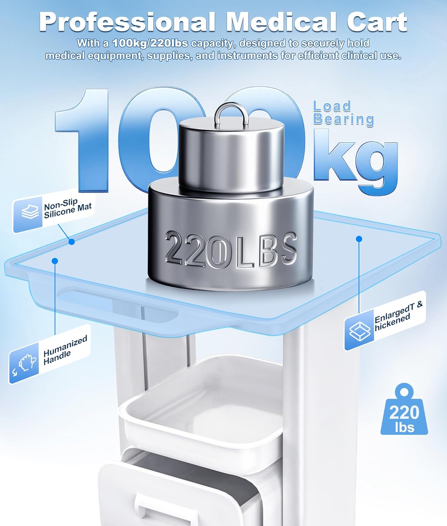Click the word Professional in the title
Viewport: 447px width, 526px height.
[x=128, y=22]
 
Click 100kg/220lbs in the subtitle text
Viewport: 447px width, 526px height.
[x=150, y=43]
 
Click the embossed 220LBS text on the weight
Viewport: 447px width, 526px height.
[x=231, y=250]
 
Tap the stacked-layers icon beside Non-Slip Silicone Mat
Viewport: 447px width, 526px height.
[x=30, y=212]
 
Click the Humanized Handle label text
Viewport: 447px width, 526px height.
[x=65, y=350]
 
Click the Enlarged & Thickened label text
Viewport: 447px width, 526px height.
[x=398, y=317]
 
